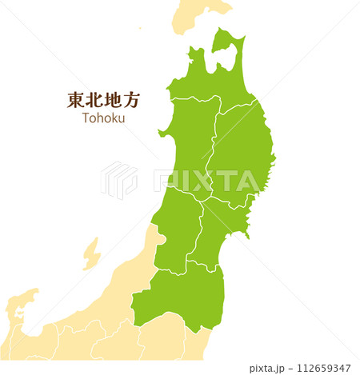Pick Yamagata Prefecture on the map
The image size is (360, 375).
pos(176,228)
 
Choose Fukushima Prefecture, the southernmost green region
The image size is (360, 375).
pos(180,296)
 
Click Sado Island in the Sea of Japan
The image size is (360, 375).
pos(91,253)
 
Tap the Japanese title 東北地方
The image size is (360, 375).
pos(103,100)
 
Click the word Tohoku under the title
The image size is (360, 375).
pos(103,118)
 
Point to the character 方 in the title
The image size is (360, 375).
pos(131,100)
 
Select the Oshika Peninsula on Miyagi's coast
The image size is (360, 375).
pos(248,232)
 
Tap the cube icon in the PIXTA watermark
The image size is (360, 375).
pos(118,180)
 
